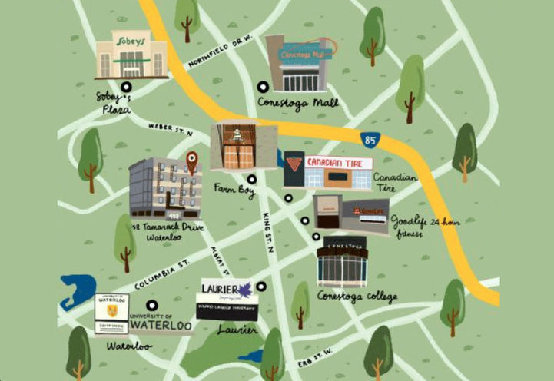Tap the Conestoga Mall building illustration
point(300,64)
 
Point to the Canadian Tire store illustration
point(328,171)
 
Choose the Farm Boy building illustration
point(244,146)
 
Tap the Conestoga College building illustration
point(342,261)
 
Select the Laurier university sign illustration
point(224,300)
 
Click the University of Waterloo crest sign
point(111,314)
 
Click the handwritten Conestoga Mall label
point(294,101)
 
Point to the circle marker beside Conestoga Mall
point(264,87)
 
